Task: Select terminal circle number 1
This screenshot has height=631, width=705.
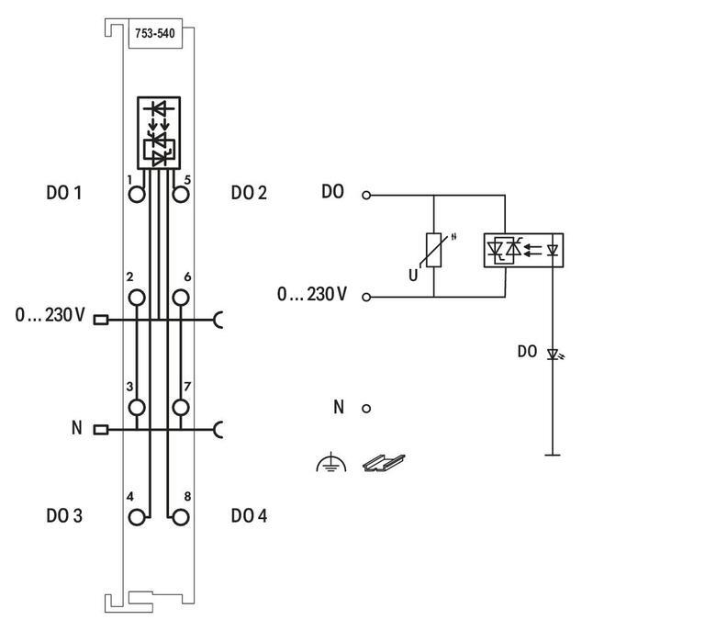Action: (x=138, y=194)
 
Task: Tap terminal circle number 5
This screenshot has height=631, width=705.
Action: (x=181, y=194)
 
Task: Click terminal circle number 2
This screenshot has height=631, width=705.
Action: (x=138, y=297)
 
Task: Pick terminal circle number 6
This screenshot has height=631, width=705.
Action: (x=181, y=297)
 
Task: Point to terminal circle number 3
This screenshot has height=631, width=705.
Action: (x=138, y=407)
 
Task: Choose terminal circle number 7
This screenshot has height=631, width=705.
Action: (x=181, y=407)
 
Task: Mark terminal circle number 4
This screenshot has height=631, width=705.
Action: (x=138, y=517)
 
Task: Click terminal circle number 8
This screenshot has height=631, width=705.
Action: (x=181, y=517)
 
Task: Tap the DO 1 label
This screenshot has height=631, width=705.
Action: (x=64, y=194)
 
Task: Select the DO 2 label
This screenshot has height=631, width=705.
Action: (x=249, y=193)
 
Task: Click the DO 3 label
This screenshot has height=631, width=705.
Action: (x=64, y=516)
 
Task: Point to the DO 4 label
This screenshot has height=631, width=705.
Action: (x=249, y=516)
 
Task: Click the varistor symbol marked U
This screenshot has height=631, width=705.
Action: (x=433, y=249)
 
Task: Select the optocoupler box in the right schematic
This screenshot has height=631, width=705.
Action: (x=523, y=250)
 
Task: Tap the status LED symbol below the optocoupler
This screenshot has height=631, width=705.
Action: (x=553, y=354)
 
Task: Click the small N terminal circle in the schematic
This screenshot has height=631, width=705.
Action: (x=366, y=408)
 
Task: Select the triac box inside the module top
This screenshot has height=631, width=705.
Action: (x=159, y=131)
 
